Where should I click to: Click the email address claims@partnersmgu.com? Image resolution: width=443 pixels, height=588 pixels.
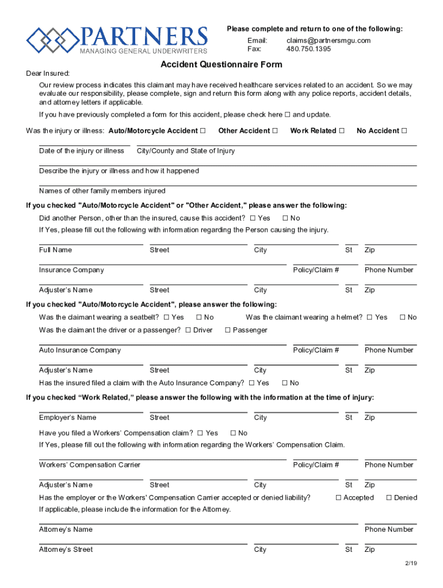[x=328, y=40]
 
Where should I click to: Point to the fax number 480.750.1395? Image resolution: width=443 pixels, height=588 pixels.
[x=308, y=49]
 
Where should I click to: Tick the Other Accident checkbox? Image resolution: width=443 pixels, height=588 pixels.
[x=274, y=131]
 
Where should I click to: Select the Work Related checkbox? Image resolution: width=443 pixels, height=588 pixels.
[x=342, y=131]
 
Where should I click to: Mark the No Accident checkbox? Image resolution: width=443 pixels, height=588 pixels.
[x=404, y=131]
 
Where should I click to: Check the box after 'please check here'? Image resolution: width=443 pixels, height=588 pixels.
[x=288, y=115]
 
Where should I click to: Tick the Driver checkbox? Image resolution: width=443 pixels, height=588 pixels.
[x=188, y=330]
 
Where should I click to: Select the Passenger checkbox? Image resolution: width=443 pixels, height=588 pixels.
[x=228, y=330]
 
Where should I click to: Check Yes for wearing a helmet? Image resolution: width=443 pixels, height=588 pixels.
[x=369, y=318]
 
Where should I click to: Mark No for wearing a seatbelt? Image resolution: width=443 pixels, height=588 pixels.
[x=199, y=318]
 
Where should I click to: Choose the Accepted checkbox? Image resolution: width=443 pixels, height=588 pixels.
[x=339, y=498]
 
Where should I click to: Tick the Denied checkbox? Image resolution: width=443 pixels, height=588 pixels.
[x=389, y=498]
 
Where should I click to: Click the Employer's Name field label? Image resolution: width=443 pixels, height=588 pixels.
[x=68, y=417]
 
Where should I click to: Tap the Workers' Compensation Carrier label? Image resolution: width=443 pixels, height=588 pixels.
[x=90, y=465]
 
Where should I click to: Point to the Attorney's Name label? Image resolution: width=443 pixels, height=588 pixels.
[x=66, y=529]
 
